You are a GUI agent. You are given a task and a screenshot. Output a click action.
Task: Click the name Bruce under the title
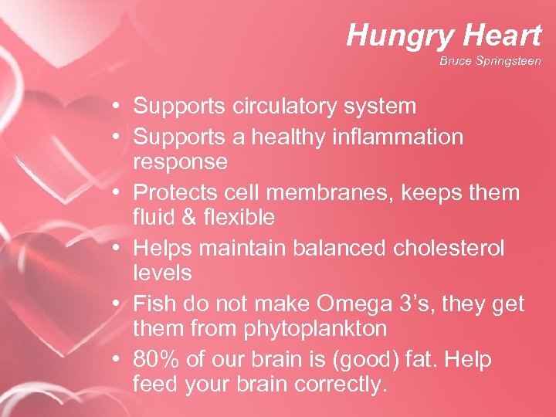454,60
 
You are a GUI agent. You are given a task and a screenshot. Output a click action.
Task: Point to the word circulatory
281,106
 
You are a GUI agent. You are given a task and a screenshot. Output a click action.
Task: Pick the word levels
163,273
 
